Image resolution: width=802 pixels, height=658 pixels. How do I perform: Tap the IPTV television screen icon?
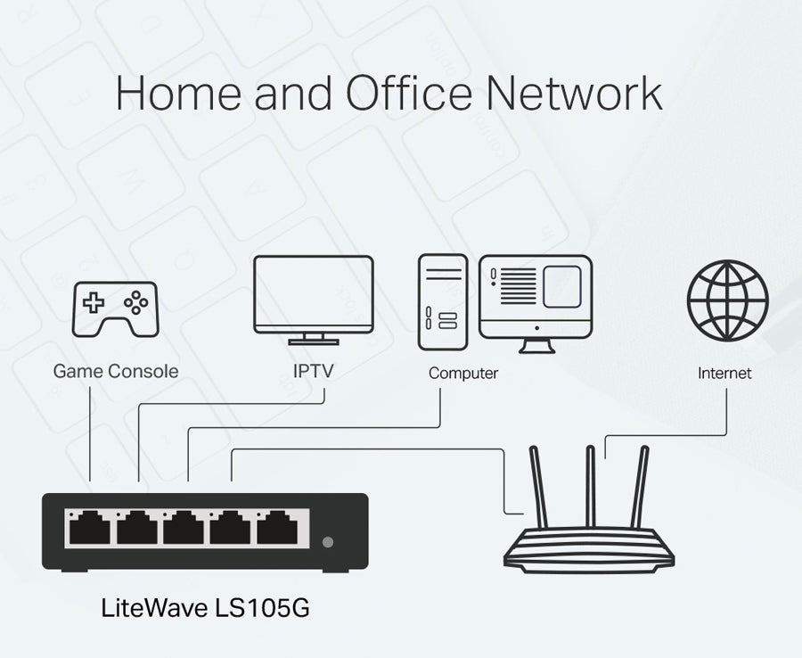point(313,295)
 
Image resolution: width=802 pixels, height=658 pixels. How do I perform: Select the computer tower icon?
point(442,303)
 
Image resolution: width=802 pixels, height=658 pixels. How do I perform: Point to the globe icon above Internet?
point(727,300)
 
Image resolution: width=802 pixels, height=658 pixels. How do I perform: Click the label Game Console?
point(116,372)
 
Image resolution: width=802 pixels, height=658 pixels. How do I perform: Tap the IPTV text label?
point(313,371)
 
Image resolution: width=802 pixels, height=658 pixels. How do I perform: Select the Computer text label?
point(463,374)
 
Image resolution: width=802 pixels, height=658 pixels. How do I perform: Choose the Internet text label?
point(724,374)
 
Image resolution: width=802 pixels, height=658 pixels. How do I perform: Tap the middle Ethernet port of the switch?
point(185,528)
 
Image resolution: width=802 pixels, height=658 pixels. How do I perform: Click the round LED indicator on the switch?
point(330,541)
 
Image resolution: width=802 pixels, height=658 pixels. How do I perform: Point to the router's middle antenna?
point(590,487)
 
